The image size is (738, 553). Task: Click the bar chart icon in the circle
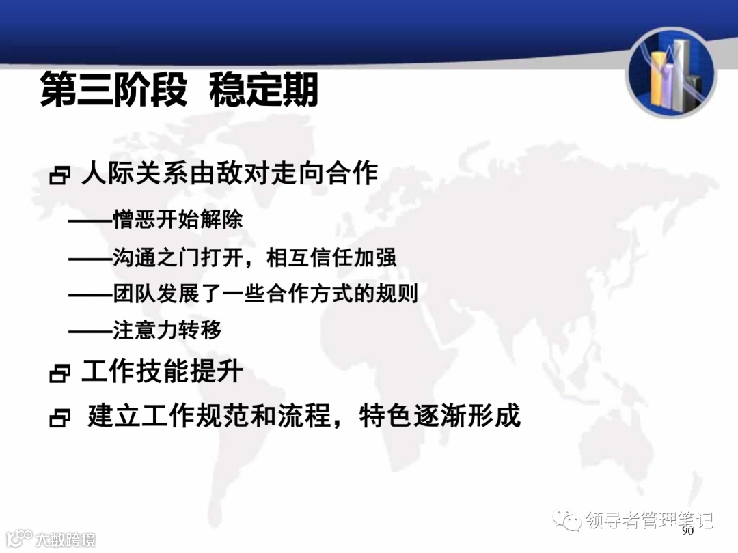tap(671, 73)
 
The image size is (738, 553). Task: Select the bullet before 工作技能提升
tap(60, 373)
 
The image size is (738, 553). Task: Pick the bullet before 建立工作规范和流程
tap(60, 418)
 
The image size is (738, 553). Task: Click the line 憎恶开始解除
tap(178, 221)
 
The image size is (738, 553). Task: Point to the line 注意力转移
tap(167, 330)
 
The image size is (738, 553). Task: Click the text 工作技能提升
tap(163, 372)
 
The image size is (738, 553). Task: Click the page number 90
tap(687, 530)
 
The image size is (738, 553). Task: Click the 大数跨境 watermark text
tap(65, 539)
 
